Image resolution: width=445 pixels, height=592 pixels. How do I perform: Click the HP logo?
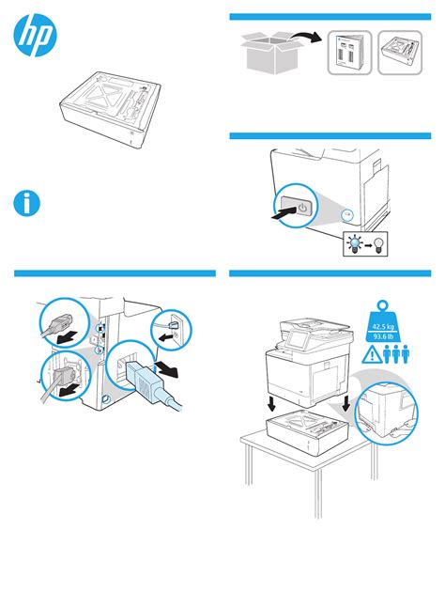pos(35,35)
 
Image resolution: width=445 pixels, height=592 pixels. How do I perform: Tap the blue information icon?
pos(27,204)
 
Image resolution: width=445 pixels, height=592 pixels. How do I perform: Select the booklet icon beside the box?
pos(349,53)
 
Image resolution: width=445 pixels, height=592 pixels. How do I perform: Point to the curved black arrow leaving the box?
pos(307,37)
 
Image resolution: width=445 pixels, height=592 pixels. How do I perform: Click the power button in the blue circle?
pos(303,208)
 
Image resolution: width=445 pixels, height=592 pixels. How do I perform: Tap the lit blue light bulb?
pos(355,243)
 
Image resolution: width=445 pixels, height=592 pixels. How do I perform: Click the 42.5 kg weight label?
pos(383,327)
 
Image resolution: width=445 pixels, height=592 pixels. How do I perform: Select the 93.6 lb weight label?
pos(383,336)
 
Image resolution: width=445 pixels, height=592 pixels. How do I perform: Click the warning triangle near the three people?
pos(372,355)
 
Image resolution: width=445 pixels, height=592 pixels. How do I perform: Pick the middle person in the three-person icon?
pos(395,354)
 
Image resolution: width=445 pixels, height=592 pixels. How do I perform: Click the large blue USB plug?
pos(151,384)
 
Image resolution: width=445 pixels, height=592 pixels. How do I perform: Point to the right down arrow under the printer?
pos(346,404)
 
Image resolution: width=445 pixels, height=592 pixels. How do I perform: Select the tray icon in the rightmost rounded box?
pos(400,53)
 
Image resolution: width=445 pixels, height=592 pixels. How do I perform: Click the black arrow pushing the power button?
pos(284,212)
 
